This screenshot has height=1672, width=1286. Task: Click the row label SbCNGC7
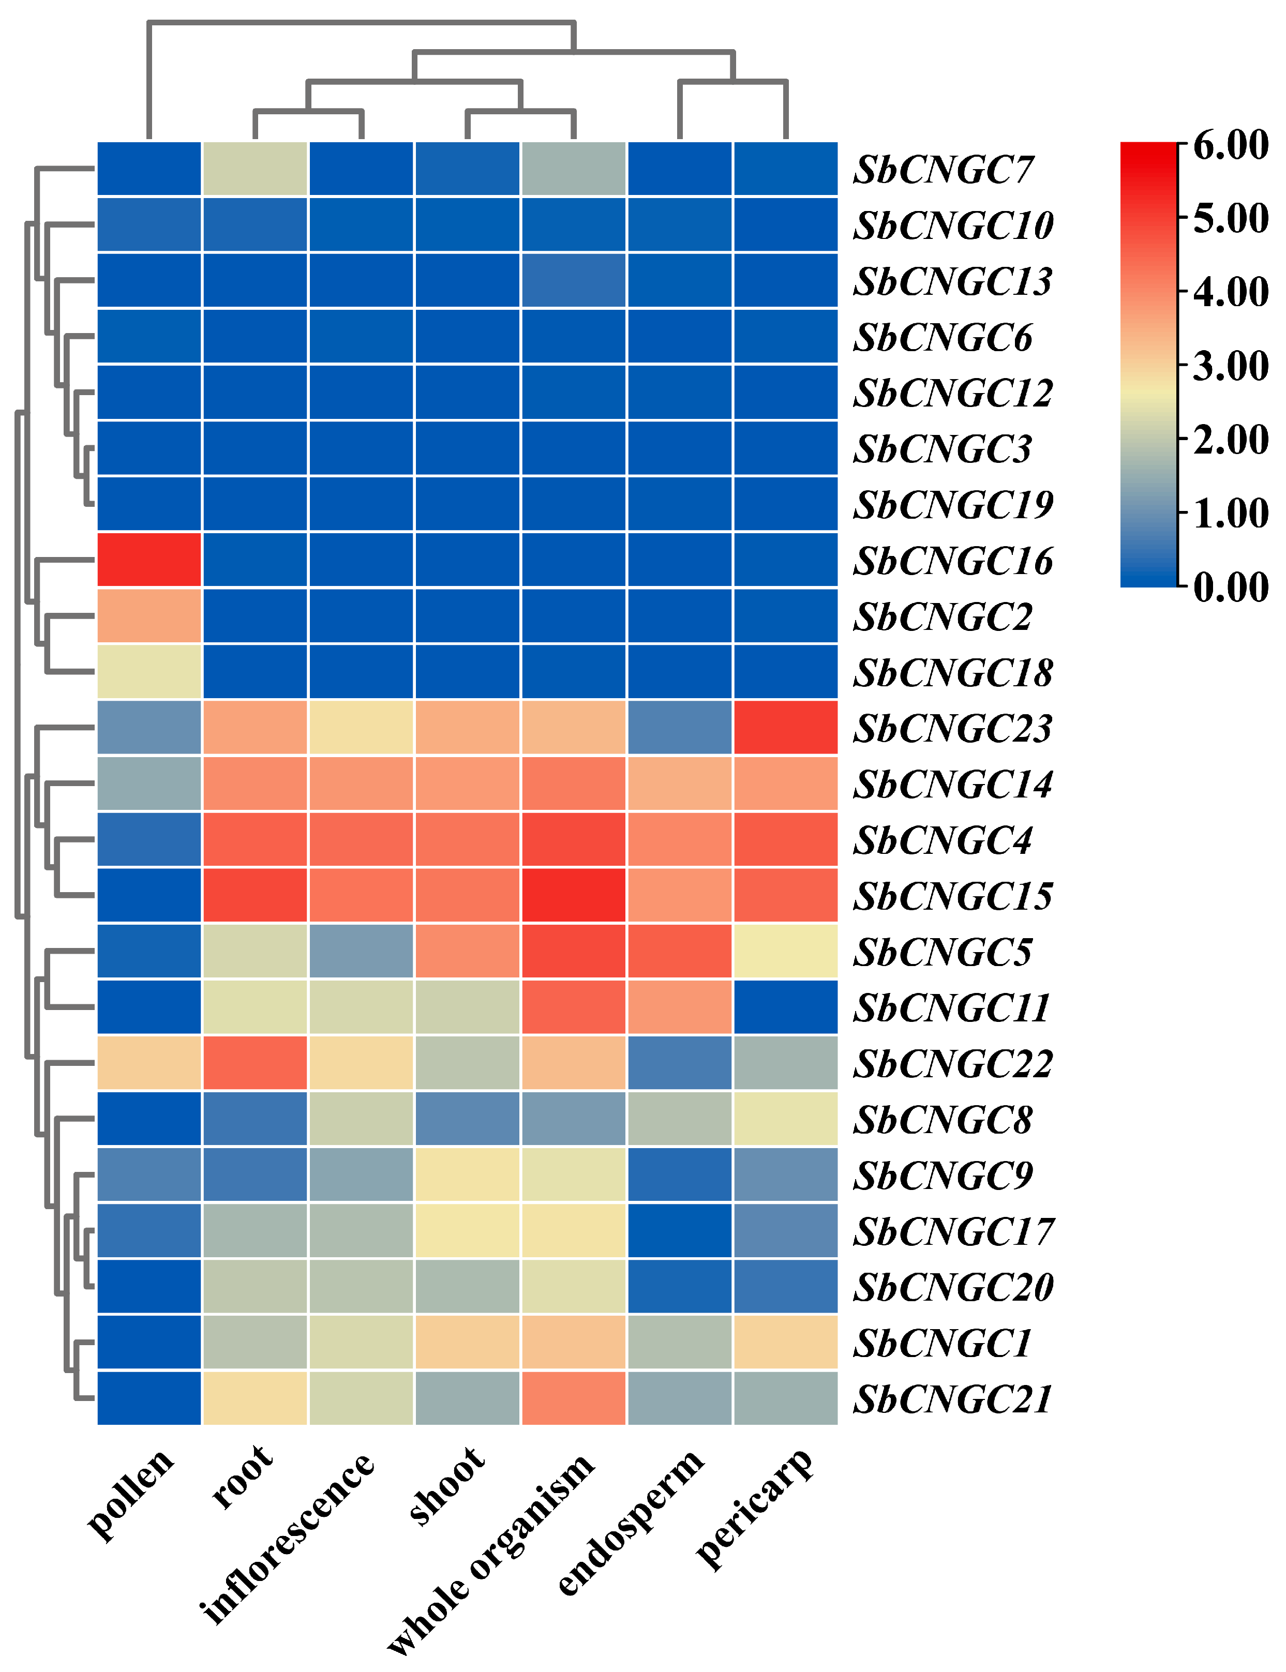point(943,170)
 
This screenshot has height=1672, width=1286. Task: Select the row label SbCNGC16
point(953,561)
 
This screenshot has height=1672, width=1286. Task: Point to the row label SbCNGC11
point(951,1008)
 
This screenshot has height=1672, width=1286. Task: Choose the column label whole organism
point(490,1554)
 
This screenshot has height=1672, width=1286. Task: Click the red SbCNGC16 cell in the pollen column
point(149,560)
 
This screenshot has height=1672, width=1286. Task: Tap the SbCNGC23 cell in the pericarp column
point(785,727)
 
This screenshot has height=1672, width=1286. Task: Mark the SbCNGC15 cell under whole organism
point(573,895)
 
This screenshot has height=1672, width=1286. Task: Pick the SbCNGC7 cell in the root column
point(255,169)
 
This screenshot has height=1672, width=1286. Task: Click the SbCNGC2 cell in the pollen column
point(149,615)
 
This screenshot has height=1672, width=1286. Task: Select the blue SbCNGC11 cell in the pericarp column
point(785,1006)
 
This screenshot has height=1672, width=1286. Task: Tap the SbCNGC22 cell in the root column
point(255,1062)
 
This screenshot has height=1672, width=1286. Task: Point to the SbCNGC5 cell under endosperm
point(679,951)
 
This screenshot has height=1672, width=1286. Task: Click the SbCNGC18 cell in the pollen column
point(149,671)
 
